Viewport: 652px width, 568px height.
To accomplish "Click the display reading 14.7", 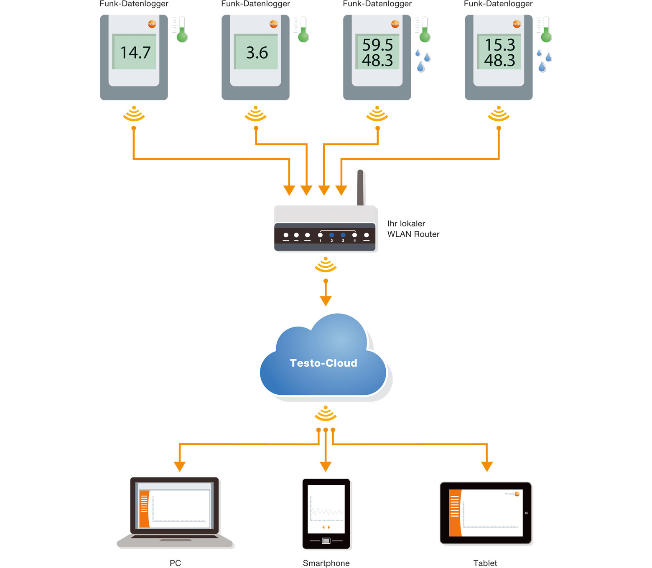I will coord(135,53).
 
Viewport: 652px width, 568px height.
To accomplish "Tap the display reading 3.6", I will coord(257,53).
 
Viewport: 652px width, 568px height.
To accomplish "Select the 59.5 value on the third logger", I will coord(377,45).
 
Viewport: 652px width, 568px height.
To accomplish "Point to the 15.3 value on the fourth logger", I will coord(499,45).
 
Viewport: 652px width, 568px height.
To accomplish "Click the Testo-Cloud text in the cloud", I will coord(323,363).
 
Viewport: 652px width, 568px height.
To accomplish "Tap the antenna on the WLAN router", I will coord(360,188).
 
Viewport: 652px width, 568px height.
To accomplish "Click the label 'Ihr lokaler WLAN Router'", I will coord(413,229).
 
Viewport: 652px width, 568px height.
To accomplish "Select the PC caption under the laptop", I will coord(175,563).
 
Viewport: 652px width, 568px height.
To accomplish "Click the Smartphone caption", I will coord(326,563).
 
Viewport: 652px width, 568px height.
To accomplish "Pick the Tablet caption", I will coord(485,563).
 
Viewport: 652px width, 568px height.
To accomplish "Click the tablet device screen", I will coord(486,513).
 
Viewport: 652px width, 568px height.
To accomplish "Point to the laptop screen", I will coord(174,507).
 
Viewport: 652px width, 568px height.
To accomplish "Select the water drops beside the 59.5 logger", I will coord(423,61).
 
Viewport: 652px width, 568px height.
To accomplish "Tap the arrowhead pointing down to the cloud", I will coord(326,301).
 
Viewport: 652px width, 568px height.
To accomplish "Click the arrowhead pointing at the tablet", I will coord(487,467).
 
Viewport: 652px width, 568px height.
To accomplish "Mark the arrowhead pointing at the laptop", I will coord(180,467).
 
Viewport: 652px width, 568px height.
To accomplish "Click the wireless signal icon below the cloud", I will coord(326,413).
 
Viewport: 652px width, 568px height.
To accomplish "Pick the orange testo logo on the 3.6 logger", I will coord(273,24).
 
